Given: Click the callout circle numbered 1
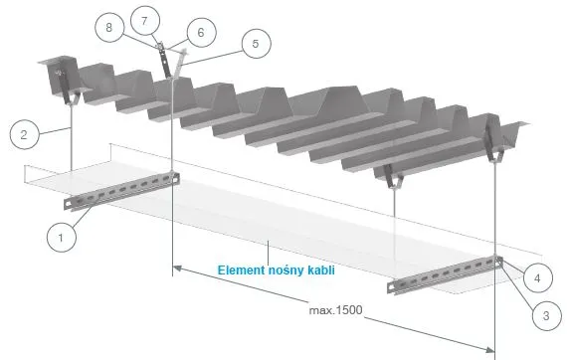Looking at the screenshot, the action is tap(62, 238).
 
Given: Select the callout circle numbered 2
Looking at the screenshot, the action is tap(24, 135).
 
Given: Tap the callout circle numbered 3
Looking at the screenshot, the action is tap(547, 315).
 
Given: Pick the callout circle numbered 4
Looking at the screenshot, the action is tap(537, 277).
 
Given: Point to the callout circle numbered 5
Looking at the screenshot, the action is tap(256, 44).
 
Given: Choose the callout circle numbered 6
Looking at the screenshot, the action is tap(201, 33).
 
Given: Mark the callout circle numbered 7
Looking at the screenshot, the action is tap(144, 21).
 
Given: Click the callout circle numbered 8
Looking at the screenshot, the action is tap(109, 28).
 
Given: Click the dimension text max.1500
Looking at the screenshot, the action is tap(335, 310).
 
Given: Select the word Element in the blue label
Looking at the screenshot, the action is tap(241, 270).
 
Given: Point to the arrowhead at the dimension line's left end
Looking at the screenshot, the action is tap(177, 269).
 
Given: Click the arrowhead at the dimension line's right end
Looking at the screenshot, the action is tap(489, 349).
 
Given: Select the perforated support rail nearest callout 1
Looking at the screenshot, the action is tap(121, 191).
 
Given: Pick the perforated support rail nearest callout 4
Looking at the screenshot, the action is tap(445, 274).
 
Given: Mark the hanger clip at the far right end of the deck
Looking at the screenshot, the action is tap(493, 141).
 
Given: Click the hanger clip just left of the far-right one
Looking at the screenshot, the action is tap(393, 177).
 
